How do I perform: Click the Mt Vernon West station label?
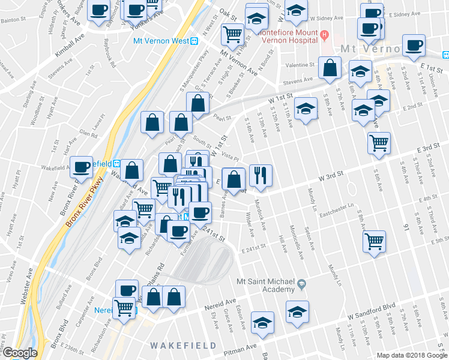click(x=160, y=41)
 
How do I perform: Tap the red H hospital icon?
click(x=324, y=34)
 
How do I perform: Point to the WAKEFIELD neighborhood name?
click(x=179, y=346)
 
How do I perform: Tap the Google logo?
click(x=20, y=353)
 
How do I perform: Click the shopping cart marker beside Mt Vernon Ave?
click(x=232, y=34)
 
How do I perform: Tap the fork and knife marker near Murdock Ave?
click(x=261, y=175)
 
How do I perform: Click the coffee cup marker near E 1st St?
click(x=413, y=45)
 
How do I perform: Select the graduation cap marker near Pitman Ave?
click(x=262, y=322)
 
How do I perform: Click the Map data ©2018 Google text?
click(x=411, y=355)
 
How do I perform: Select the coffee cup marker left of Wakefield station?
click(x=80, y=166)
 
